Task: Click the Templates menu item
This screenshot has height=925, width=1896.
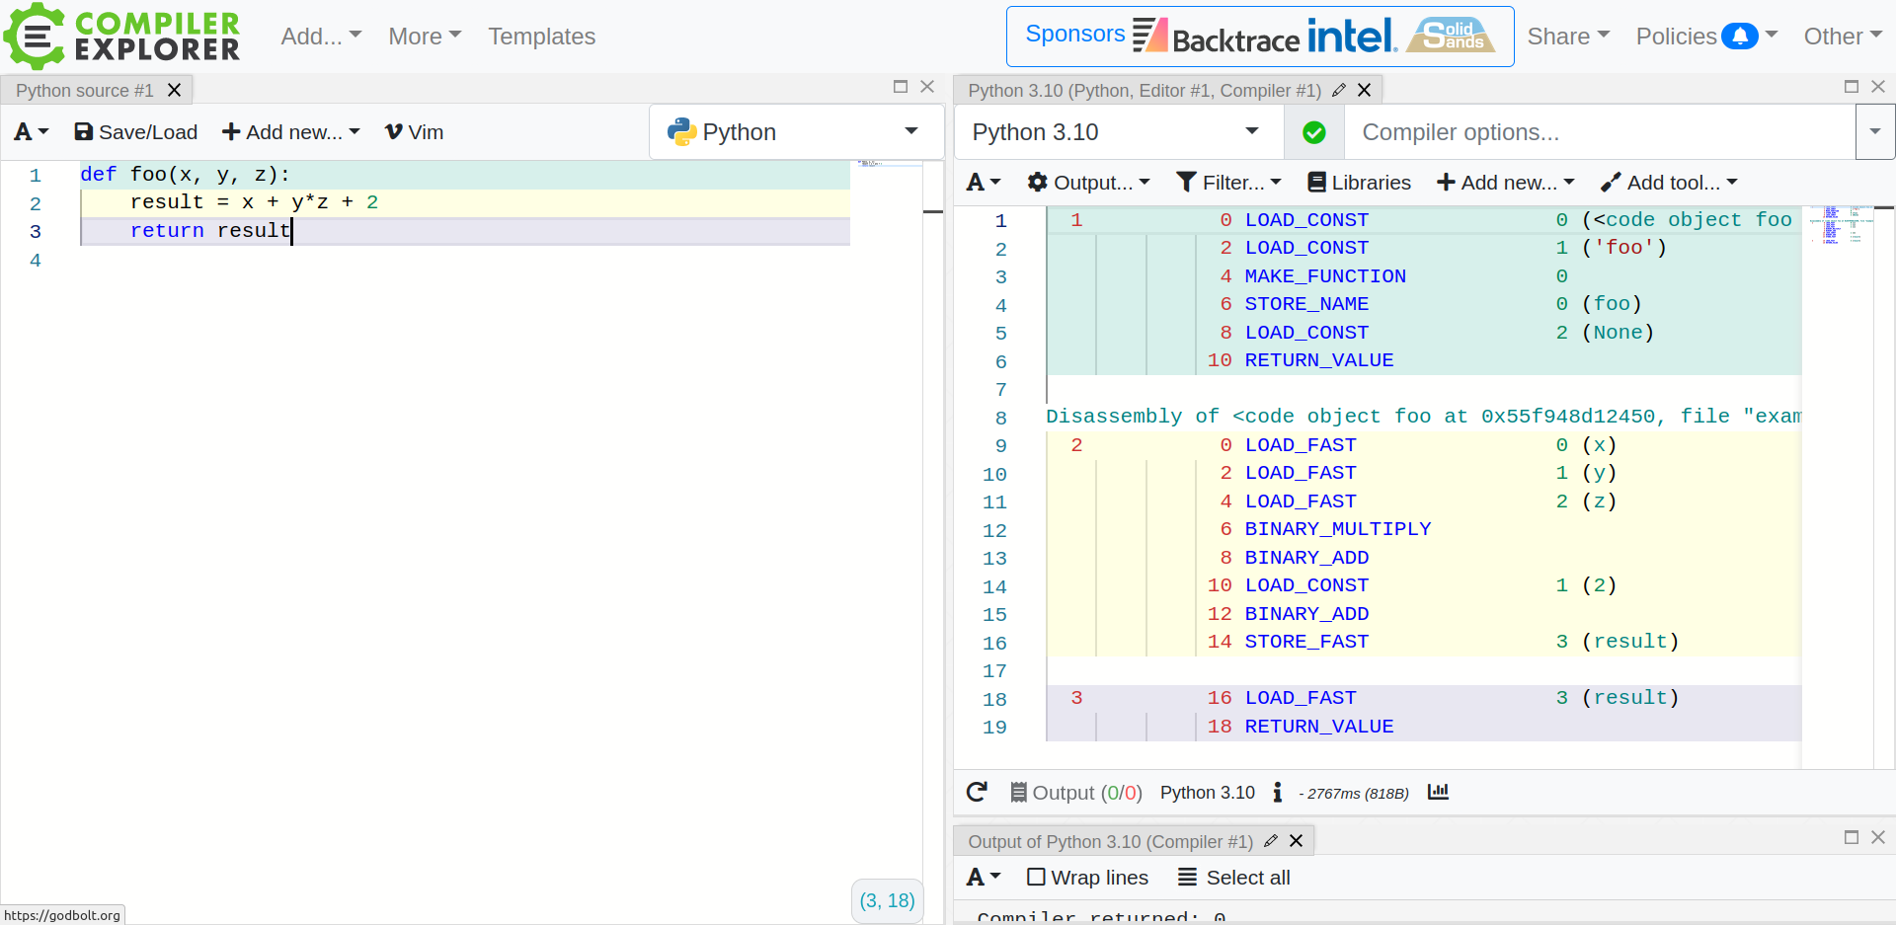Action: pos(541,37)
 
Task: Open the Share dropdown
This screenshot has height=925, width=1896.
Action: pos(1567,37)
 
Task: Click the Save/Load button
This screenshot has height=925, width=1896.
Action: pos(136,132)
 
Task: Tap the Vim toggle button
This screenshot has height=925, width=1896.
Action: pos(414,132)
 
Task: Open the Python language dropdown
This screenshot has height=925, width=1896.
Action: pos(795,132)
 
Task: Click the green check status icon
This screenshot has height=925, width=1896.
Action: pos(1313,132)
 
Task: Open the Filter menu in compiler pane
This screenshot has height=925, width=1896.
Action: pos(1228,183)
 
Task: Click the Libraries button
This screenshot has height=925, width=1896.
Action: pos(1359,183)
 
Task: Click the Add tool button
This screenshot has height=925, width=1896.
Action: pos(1669,183)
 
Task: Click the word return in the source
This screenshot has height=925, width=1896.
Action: pos(167,231)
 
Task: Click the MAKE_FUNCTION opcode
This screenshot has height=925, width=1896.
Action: pos(1324,276)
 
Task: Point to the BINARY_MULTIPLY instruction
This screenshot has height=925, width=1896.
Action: pos(1337,529)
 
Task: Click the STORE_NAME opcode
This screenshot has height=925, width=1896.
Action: pos(1305,304)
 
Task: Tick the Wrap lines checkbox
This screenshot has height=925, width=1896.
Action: pos(1036,878)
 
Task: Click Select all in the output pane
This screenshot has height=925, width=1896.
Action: pos(1234,878)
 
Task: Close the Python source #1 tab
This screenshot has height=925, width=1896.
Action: pos(175,90)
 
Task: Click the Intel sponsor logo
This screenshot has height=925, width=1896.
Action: pos(1352,37)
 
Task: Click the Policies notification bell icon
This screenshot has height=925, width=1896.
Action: pos(1739,37)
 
